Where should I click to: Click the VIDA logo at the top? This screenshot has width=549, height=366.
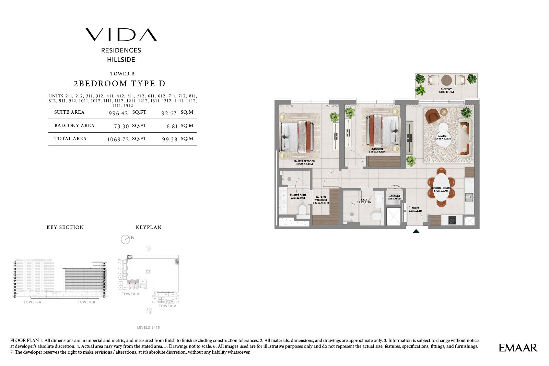point(121,35)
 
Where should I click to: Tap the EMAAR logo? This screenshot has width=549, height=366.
point(518,348)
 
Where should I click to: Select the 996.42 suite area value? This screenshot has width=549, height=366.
point(118,113)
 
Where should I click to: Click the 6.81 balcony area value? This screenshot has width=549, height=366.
point(172,126)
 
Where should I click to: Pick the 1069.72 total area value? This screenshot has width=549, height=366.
point(118,139)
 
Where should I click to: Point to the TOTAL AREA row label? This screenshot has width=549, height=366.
point(70,138)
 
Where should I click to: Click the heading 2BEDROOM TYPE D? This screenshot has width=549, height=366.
point(119,84)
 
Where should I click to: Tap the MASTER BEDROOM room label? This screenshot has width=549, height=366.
point(304,162)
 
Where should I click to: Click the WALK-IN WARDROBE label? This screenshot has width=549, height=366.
point(321,200)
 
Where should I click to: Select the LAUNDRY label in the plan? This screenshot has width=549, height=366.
point(395,197)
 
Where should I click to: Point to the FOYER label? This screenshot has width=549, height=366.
point(415,209)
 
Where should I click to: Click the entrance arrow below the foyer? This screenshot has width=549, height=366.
point(416,231)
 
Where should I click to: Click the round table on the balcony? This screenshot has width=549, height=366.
point(446,80)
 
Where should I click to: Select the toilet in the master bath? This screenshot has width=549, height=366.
point(302,210)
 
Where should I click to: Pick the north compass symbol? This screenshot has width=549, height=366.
point(126,239)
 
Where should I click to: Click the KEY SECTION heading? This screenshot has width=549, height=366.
point(65,227)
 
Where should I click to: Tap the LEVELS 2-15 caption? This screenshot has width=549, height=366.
point(148,327)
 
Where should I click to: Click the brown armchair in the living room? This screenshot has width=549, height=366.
point(432,115)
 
